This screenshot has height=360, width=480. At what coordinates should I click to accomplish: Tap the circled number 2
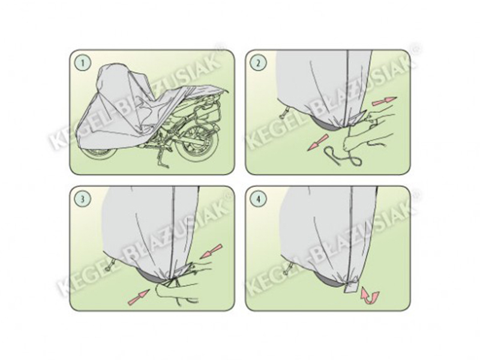[x=259, y=63]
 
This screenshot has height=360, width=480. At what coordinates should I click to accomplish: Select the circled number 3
[x=83, y=199]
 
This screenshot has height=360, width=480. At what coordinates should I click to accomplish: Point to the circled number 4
[x=259, y=199]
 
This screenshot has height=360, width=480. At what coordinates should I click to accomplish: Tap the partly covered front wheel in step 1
[x=98, y=152]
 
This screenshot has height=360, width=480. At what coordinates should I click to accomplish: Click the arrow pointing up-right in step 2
[x=384, y=101]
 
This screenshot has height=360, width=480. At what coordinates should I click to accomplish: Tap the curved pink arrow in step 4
[x=370, y=296]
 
